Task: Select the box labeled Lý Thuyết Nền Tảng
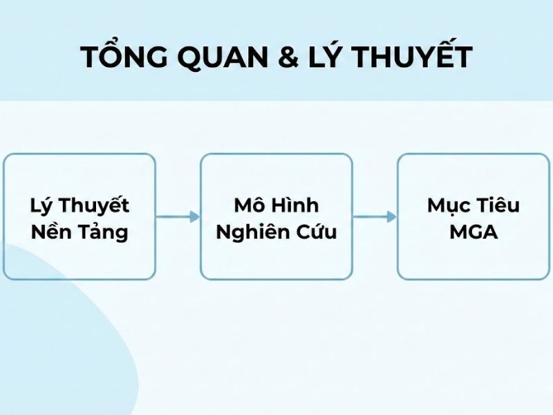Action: coord(79,216)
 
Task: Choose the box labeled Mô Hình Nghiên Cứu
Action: coord(276,216)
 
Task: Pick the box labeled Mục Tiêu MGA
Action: coord(474,216)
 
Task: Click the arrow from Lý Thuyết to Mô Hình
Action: coord(178,216)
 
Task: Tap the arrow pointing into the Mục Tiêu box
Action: coord(375,216)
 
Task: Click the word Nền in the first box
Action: coord(51,232)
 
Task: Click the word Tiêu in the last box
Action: coord(498,205)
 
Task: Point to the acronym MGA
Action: coord(474,232)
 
